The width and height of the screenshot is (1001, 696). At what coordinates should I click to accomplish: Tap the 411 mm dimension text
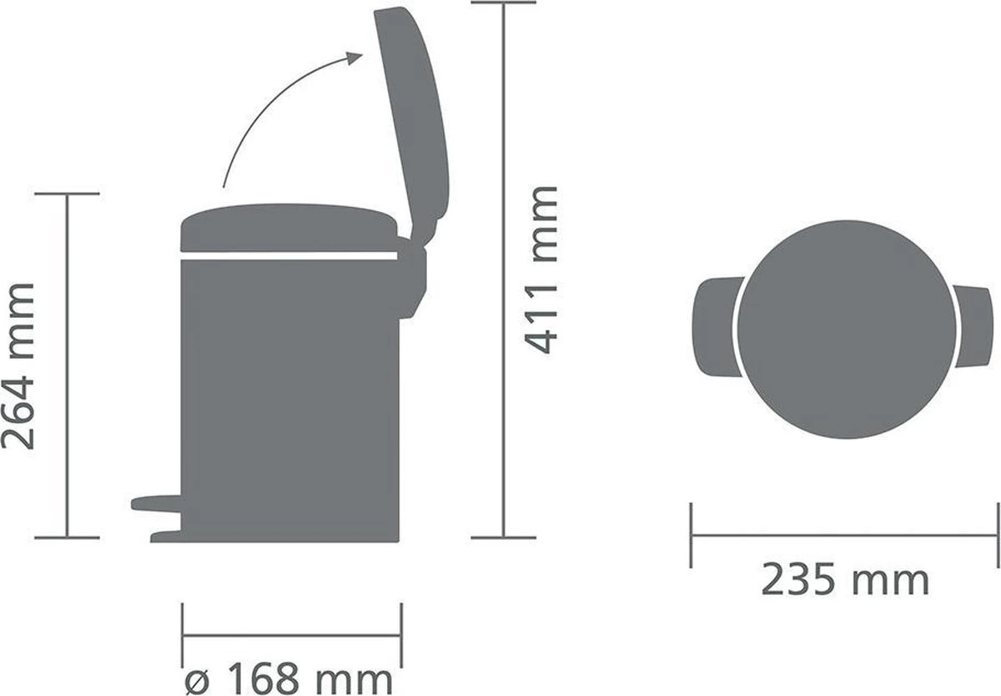542,270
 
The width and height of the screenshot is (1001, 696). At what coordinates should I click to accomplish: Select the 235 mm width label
844,580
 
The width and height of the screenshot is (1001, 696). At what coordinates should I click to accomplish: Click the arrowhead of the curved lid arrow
355,58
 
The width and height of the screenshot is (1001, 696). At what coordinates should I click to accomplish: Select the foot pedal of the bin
156,502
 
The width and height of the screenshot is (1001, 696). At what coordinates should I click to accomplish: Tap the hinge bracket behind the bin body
412,275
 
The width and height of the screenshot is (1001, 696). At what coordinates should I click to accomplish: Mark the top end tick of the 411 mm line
503,3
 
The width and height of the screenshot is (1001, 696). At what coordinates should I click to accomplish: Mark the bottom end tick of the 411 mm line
503,537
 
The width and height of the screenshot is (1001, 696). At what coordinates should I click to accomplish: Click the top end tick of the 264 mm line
68,194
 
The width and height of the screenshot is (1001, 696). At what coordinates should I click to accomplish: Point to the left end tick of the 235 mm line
692,535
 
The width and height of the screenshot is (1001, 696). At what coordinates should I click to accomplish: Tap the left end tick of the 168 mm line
183,635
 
